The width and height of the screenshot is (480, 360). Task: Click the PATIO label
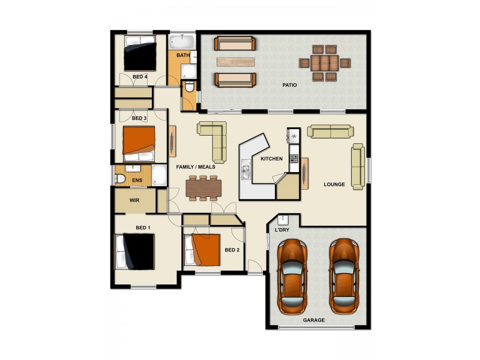point(290,85)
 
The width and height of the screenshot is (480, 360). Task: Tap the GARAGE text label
point(314,320)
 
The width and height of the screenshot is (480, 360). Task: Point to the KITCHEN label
point(271,159)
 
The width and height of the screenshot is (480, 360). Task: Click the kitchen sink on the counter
point(245,172)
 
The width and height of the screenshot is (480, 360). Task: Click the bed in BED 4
point(139,54)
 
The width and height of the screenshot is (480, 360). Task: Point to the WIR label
point(134,200)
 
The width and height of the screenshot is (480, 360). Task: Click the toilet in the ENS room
point(120,179)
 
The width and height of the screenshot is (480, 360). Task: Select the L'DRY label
point(281,230)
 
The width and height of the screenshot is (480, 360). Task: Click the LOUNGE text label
point(334,184)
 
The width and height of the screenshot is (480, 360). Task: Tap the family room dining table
point(203,188)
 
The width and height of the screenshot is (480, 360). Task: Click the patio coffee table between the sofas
point(235,61)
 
